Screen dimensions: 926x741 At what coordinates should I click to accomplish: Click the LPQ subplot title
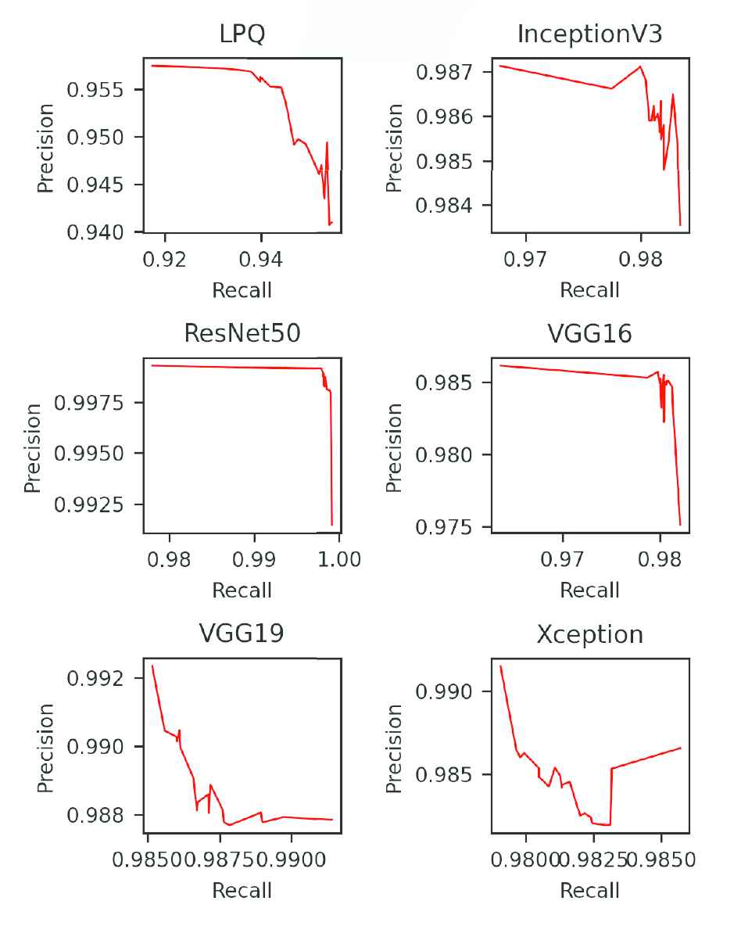(x=242, y=34)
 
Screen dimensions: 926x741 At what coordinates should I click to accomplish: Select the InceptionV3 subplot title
(x=590, y=34)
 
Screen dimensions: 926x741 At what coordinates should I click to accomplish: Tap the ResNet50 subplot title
(x=242, y=333)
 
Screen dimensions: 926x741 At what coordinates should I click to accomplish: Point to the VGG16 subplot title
(x=590, y=333)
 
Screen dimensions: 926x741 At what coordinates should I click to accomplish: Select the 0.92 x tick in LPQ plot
(x=166, y=259)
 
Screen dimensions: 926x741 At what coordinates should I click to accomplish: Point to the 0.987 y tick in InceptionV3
(x=447, y=72)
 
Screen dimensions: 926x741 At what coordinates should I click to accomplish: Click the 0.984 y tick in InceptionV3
(x=447, y=206)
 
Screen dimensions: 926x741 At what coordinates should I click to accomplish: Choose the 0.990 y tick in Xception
(x=447, y=691)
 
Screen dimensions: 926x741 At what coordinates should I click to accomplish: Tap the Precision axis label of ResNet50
(x=32, y=447)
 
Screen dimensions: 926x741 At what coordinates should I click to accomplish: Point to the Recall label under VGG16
(x=590, y=590)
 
